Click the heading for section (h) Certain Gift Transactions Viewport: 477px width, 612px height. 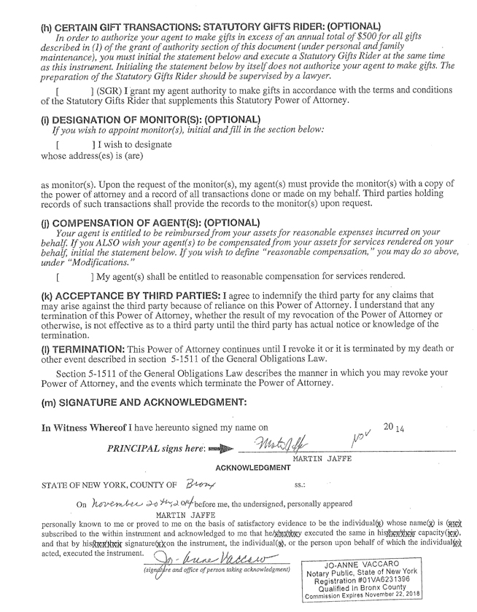tap(212, 27)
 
